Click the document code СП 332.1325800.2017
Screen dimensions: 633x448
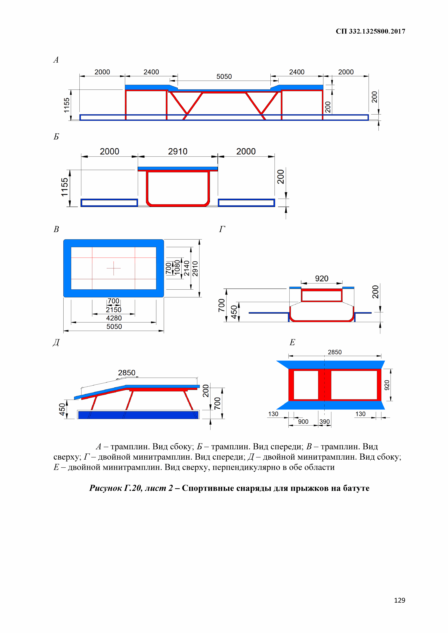370,31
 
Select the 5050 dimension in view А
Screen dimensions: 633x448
224,77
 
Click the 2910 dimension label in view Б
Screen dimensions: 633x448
178,151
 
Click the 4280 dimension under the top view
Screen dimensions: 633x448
114,318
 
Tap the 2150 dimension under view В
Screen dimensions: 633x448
113,310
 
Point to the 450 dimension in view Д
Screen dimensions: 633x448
62,409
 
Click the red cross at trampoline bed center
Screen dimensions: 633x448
113,268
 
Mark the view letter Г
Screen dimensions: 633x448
222,229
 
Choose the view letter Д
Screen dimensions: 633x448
56,342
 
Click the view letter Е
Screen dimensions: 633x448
292,342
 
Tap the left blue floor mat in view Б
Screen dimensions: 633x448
109,203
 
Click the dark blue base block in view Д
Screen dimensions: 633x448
138,415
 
